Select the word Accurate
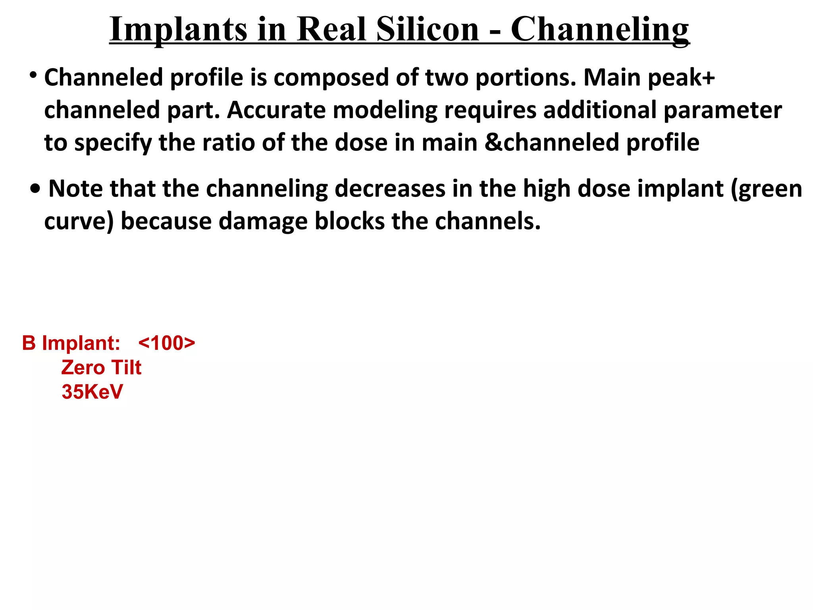(x=276, y=110)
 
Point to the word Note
(x=75, y=189)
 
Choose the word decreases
(x=390, y=189)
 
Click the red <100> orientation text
(x=167, y=343)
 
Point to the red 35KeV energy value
(x=92, y=392)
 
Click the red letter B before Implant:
(x=29, y=343)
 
